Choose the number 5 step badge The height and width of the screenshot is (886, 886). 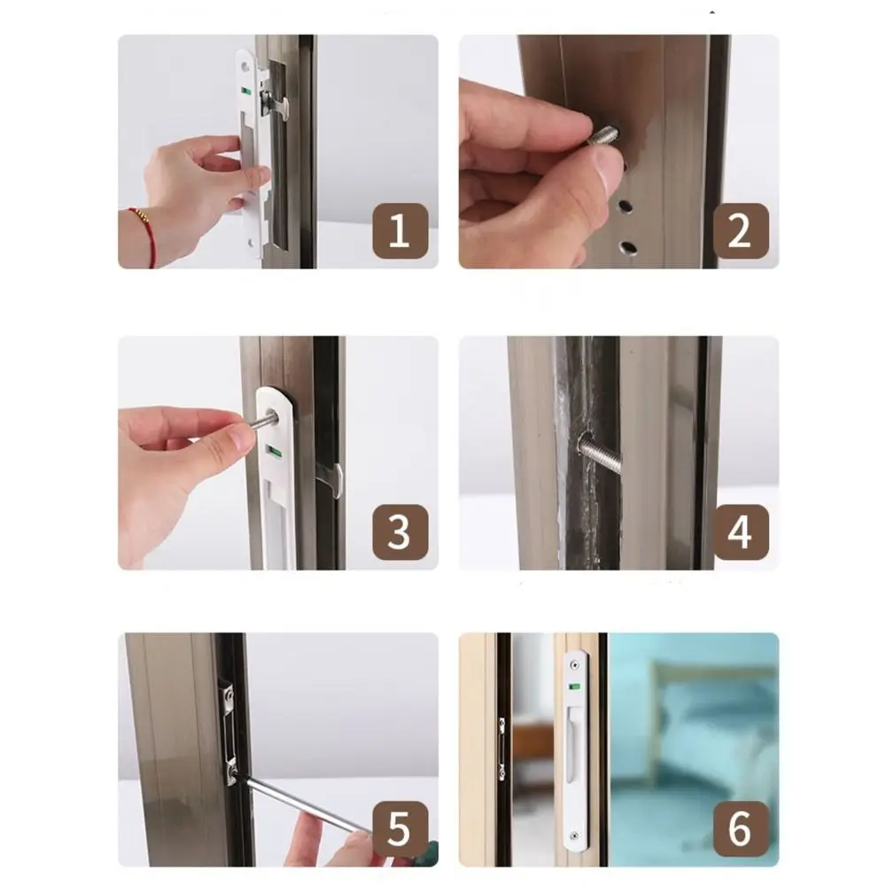coord(400,830)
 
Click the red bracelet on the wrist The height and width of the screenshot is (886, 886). coord(143,232)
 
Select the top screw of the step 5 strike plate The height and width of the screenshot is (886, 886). coord(229,697)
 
